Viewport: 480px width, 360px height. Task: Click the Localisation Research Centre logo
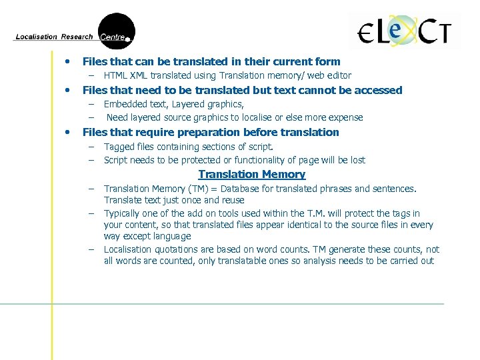[x=75, y=32]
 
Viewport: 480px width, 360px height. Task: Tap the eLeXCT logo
[x=405, y=31]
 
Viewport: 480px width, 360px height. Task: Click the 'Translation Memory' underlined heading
[x=252, y=175]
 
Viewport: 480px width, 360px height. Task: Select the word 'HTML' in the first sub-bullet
[x=116, y=76]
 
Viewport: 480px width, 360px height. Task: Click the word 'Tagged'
[x=120, y=147]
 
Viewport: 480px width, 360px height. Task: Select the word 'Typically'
[x=125, y=213]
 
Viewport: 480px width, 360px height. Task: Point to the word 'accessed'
[x=378, y=90]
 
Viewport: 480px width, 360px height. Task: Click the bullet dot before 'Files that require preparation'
[x=67, y=132]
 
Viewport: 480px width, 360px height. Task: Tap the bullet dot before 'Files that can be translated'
[x=67, y=61]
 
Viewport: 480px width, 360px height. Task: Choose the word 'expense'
[x=345, y=118]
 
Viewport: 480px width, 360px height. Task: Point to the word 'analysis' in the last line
[x=317, y=261]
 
